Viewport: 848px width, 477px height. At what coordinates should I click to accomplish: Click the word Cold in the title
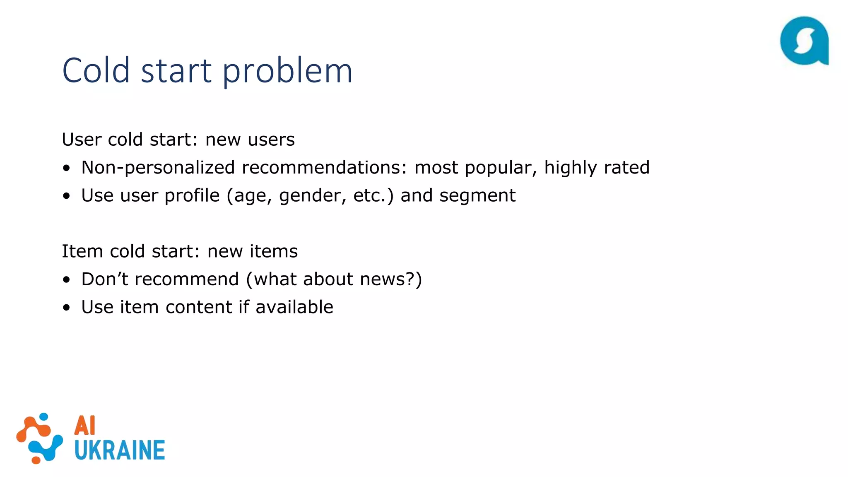coord(96,70)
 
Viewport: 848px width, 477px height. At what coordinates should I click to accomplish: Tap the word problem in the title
coord(287,71)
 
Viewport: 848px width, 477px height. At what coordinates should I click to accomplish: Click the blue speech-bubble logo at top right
coord(804,41)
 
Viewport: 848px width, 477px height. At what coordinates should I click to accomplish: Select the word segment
coord(477,196)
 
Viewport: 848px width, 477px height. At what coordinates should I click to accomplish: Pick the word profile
coord(192,195)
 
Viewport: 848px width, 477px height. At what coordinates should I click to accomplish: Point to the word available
coord(294,307)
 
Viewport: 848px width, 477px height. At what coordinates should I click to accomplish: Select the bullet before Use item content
coord(67,308)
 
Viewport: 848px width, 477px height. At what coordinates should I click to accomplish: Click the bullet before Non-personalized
coord(67,168)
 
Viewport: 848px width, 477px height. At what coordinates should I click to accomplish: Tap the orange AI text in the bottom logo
coord(85,426)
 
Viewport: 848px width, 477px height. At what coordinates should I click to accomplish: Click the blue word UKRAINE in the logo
coord(120,450)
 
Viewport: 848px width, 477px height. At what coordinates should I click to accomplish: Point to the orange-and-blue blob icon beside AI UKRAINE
coord(40,438)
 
